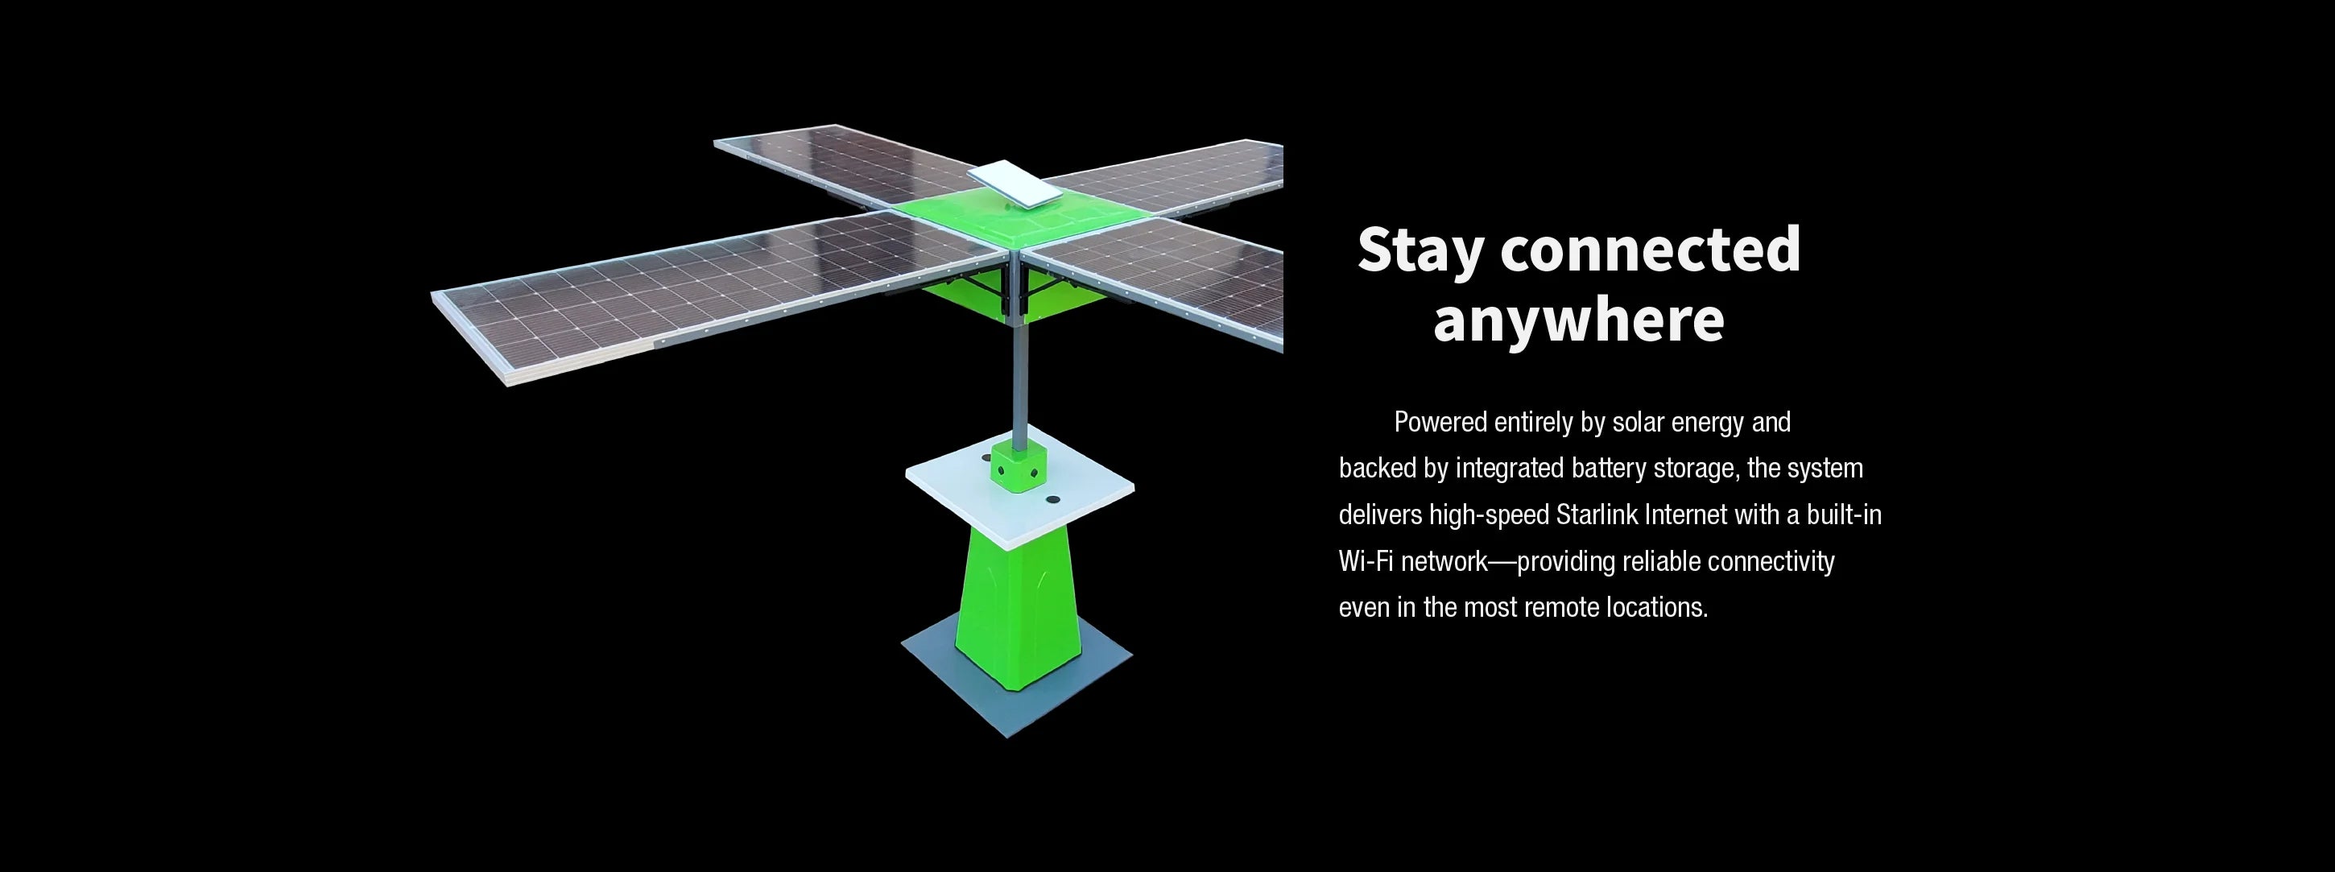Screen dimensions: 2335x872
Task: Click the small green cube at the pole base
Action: [1019, 465]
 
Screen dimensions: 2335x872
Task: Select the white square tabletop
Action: [1019, 496]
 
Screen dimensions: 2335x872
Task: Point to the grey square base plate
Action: [1017, 676]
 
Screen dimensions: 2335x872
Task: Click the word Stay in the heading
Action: [1420, 250]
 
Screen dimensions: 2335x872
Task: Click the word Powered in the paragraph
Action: [1440, 423]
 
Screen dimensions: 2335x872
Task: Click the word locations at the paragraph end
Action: [1657, 607]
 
